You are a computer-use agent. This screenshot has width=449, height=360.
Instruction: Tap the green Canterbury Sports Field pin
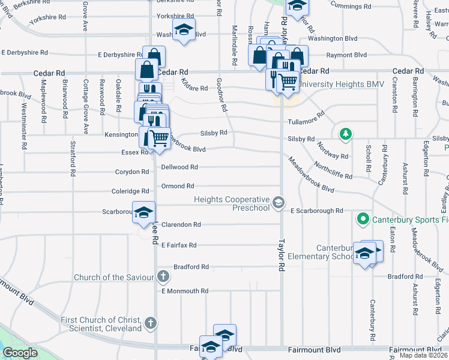362,220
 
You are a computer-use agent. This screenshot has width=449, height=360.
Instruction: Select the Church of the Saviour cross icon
162,277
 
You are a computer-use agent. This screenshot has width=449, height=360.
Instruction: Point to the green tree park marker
345,133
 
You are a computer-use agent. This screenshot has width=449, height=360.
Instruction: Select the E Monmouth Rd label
185,291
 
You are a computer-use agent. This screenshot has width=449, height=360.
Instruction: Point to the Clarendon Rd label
181,224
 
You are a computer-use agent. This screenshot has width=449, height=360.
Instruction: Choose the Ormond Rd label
178,187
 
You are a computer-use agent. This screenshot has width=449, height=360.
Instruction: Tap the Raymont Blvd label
351,55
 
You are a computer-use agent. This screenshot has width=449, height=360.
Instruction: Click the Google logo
19,353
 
